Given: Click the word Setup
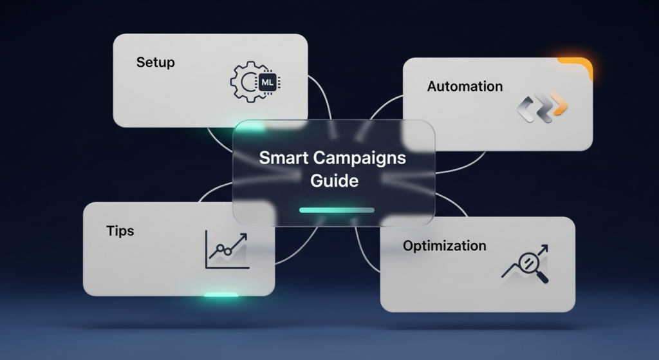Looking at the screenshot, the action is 155,62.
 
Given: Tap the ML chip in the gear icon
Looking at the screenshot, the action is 267,82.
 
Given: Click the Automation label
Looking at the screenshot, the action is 465,86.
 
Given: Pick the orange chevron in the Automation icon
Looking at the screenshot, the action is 561,104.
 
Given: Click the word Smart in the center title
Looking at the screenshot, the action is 284,158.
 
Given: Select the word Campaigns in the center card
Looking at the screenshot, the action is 359,158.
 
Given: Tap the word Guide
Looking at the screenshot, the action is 334,181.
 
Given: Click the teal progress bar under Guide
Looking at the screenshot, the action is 337,210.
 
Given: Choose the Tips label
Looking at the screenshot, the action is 120,231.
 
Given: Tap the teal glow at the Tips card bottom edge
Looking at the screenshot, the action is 221,295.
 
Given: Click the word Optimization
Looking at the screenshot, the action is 444,245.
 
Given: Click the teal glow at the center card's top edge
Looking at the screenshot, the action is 250,126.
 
